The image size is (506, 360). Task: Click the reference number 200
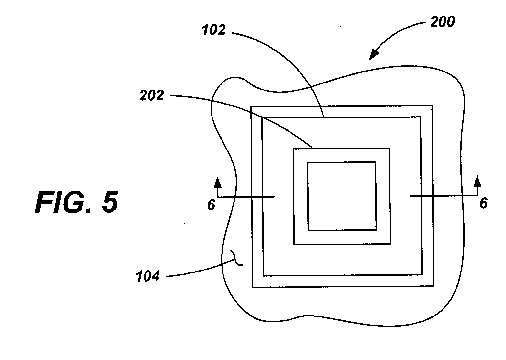click(x=442, y=22)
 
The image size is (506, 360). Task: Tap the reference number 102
click(x=214, y=30)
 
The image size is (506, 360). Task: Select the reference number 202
click(x=152, y=96)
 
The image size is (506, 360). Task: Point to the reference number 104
click(x=148, y=276)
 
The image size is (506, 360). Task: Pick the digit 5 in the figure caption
click(x=110, y=202)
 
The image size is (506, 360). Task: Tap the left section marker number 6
click(x=211, y=205)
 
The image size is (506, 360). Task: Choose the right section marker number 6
click(x=484, y=203)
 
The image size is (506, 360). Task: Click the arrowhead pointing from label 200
click(x=375, y=54)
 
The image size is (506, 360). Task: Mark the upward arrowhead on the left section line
click(x=218, y=182)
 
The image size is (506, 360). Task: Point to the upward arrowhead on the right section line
click(x=478, y=181)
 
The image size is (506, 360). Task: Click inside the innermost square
click(x=342, y=196)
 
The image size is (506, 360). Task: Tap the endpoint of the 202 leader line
click(x=312, y=148)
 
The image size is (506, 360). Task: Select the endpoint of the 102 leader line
click(x=323, y=117)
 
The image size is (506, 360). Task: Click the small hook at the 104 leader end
click(x=236, y=258)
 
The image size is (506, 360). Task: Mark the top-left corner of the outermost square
click(x=251, y=107)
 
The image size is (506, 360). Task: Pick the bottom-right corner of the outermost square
click(x=433, y=286)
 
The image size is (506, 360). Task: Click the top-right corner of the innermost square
click(x=376, y=162)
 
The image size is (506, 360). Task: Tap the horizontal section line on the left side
click(x=246, y=197)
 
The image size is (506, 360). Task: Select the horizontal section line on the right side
click(x=444, y=196)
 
